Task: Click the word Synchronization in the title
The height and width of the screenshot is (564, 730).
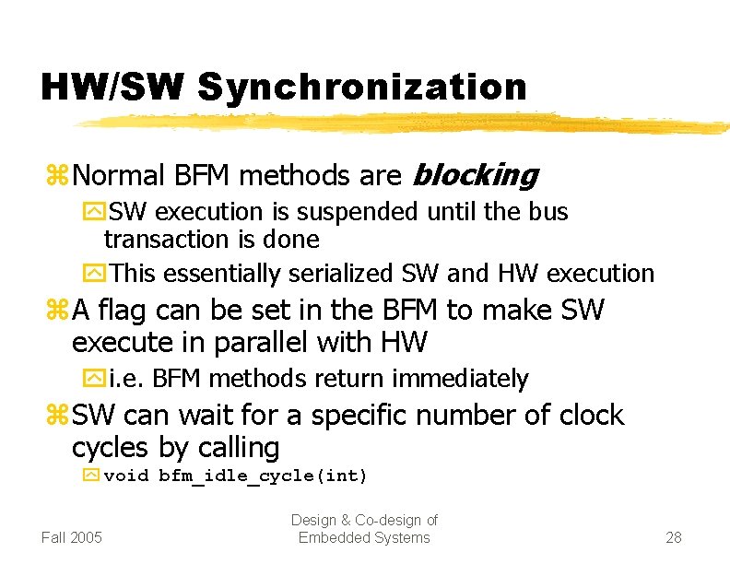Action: [x=361, y=88]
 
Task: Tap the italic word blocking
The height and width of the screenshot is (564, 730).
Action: [x=476, y=174]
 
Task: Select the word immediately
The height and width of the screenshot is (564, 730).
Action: [x=460, y=379]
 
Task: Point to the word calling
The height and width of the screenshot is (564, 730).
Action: [x=235, y=448]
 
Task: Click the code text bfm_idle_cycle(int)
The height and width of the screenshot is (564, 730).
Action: [x=263, y=476]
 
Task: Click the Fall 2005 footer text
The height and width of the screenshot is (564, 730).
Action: [x=73, y=537]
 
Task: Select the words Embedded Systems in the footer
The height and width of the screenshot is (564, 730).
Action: [x=364, y=538]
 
